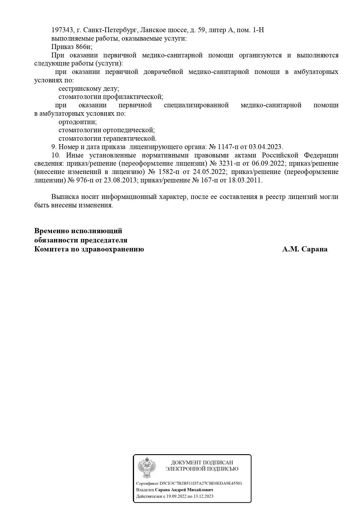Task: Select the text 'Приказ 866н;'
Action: [72, 47]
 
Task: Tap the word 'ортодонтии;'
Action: [77, 122]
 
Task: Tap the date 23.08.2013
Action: [120, 180]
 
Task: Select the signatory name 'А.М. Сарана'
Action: [305, 249]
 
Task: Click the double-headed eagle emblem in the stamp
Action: [147, 467]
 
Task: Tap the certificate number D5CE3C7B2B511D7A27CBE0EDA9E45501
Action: [201, 483]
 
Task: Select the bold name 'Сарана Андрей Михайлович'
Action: [184, 490]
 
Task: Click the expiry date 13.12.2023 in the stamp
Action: [203, 496]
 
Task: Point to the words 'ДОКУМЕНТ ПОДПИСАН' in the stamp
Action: [202, 463]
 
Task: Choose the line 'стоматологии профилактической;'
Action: [111, 97]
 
